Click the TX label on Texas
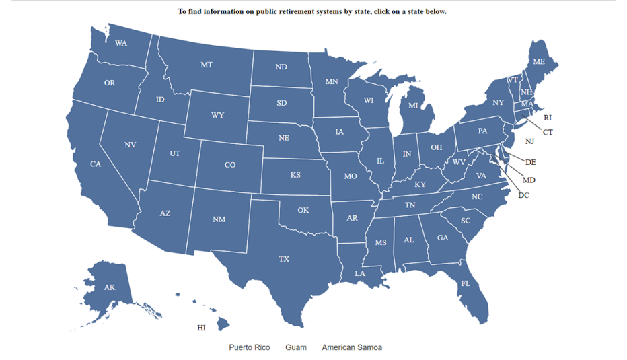point(284,259)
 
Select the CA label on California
point(96,164)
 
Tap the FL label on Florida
point(465,283)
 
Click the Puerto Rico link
point(250,347)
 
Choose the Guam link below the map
point(296,347)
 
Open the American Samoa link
point(352,347)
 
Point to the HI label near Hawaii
point(201,328)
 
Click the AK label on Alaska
point(110,287)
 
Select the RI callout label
point(547,118)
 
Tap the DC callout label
point(523,195)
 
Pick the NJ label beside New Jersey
point(529,141)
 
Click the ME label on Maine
point(539,61)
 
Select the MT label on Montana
point(207,65)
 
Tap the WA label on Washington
point(121,43)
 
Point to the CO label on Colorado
point(230,165)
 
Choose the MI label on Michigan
point(413,106)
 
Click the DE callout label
point(530,162)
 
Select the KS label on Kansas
point(295,175)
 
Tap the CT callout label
point(548,133)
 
